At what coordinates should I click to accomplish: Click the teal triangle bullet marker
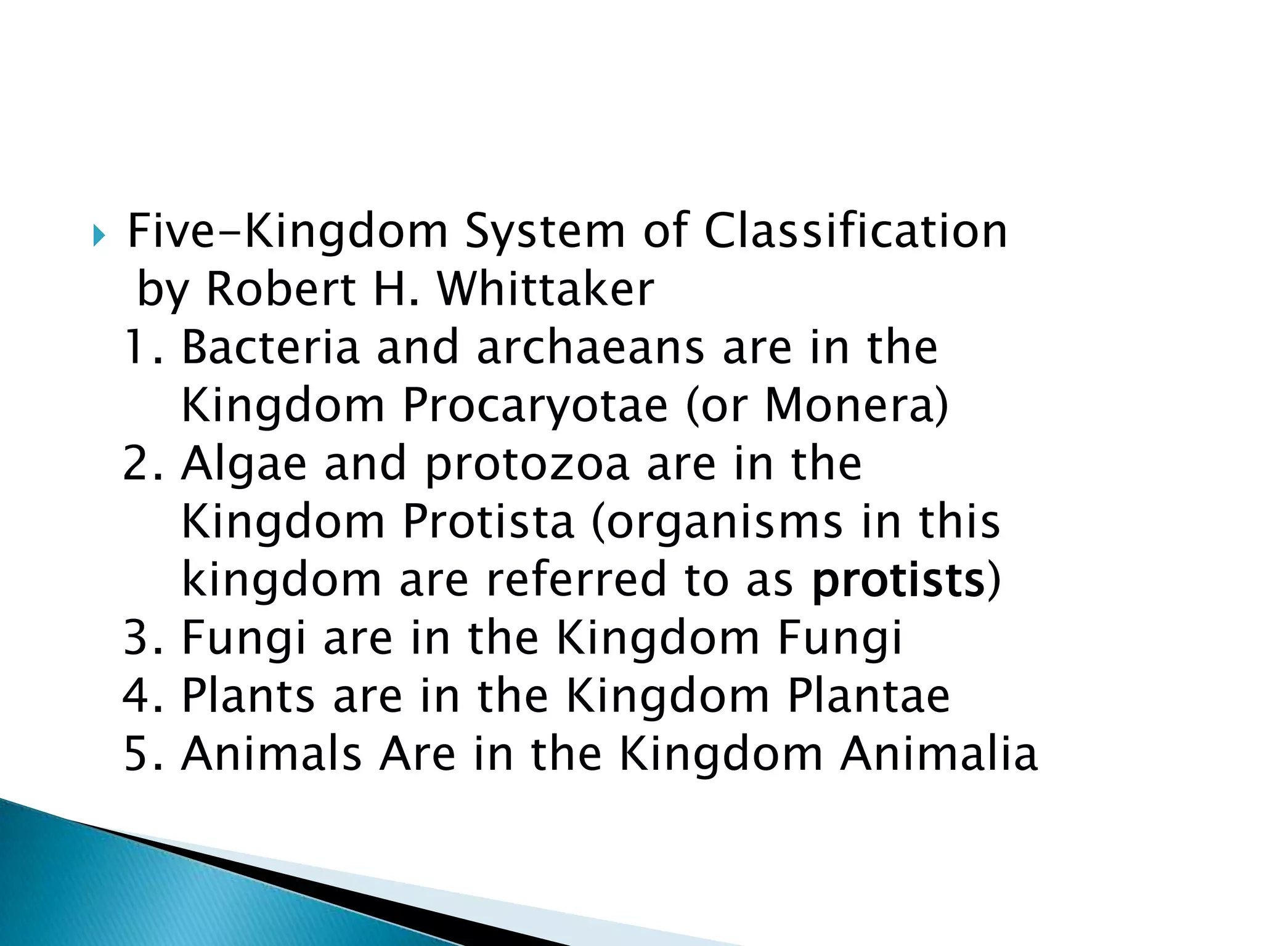coord(99,235)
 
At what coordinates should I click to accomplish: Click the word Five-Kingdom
coord(287,231)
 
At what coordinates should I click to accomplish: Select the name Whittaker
coord(545,289)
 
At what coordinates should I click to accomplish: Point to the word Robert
coord(281,289)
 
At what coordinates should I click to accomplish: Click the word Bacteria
coord(270,347)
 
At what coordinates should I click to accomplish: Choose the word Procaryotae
coord(535,406)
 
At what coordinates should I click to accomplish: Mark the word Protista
coord(488,522)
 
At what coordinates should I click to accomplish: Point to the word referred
coord(577,580)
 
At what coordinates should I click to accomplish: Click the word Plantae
coord(869,696)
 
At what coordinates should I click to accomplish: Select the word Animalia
coord(939,754)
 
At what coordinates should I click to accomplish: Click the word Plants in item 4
coord(248,696)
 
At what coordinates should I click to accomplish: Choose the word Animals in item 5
coord(271,754)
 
